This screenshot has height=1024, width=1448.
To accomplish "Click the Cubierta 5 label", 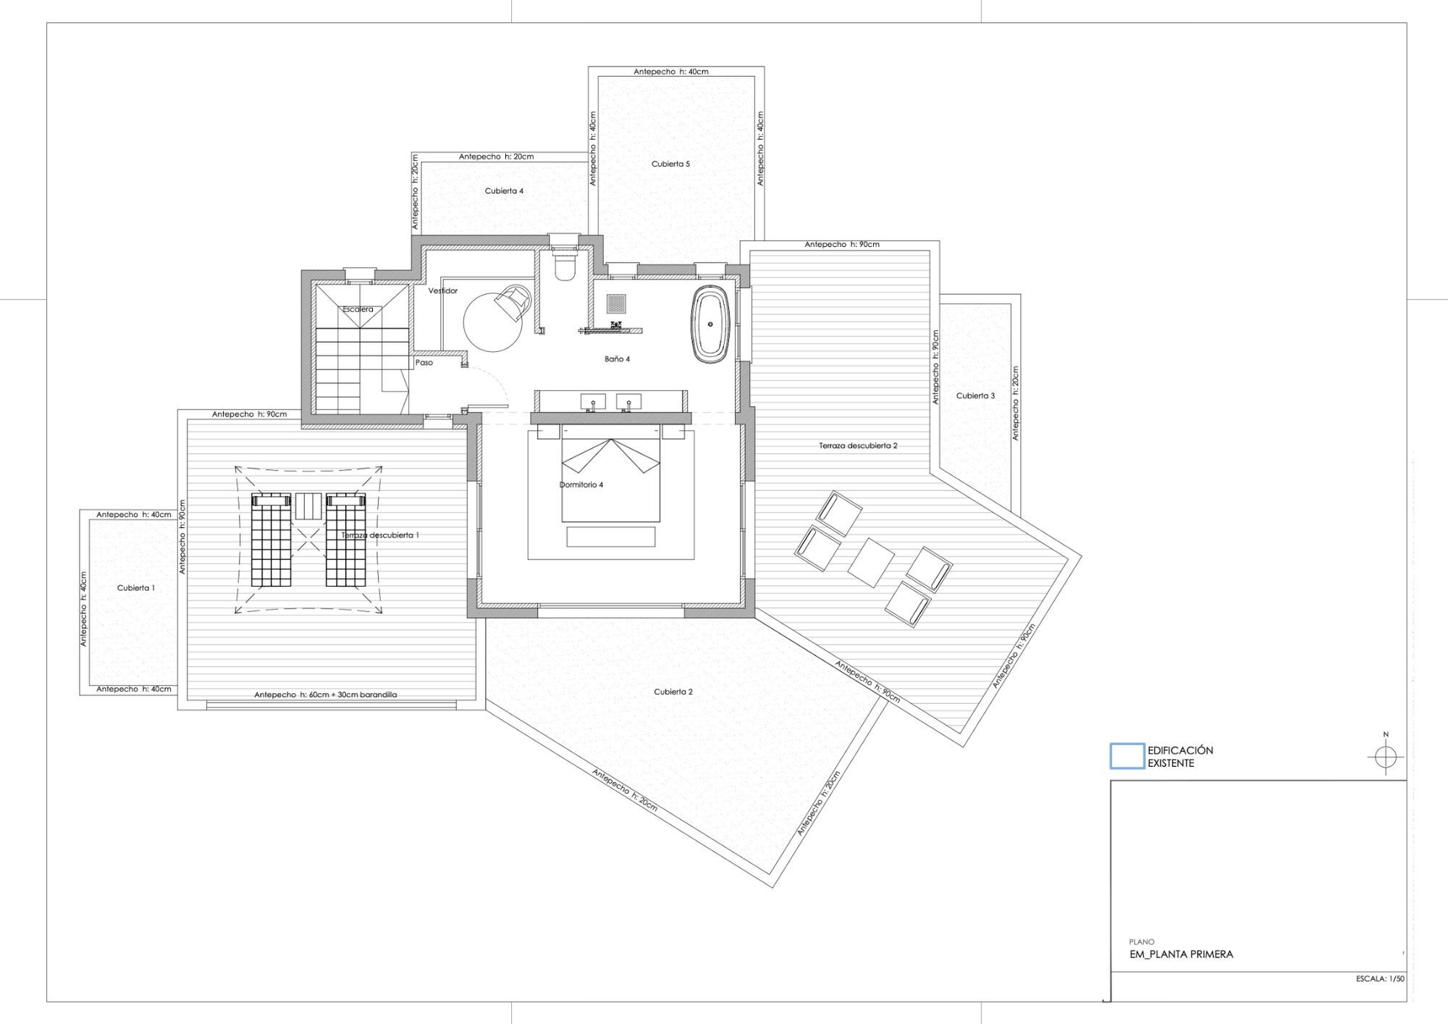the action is click(670, 164).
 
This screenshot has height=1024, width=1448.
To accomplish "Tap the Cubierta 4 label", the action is click(504, 191).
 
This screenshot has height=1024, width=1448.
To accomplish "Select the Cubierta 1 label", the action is click(136, 588).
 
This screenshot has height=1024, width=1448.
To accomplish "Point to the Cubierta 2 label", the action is click(673, 692).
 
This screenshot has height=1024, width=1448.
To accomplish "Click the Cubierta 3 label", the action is click(975, 395).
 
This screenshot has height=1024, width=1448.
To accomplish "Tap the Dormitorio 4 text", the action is click(581, 484).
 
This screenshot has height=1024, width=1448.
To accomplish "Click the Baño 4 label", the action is click(618, 358).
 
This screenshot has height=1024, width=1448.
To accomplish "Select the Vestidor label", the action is click(443, 290).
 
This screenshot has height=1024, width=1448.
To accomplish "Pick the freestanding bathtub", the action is click(710, 324).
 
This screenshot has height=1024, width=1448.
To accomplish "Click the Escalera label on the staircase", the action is click(358, 309).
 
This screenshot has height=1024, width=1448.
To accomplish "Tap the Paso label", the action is click(424, 362).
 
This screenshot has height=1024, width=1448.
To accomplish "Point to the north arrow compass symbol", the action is click(1386, 757).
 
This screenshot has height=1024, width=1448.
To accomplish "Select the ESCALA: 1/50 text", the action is click(1380, 978).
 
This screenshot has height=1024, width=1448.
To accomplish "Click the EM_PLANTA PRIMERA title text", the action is click(1182, 954).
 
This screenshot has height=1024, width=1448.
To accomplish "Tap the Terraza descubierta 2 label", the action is click(858, 445).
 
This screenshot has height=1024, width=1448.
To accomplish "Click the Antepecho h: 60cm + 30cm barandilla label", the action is click(326, 694).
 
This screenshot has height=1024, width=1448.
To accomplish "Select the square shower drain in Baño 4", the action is click(616, 303).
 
